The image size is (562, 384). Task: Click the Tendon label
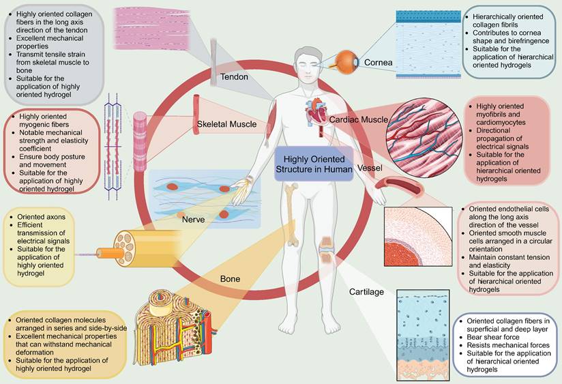(x=234, y=76)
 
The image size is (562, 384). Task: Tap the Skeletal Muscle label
(x=227, y=124)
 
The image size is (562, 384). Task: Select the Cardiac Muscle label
(x=359, y=120)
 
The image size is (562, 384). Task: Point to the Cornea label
(x=378, y=62)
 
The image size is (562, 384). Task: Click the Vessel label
(x=370, y=168)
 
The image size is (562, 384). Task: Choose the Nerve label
(x=193, y=220)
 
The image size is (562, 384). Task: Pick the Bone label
(x=230, y=279)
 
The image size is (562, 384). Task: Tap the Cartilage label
(x=366, y=292)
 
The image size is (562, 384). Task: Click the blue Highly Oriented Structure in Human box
(x=314, y=164)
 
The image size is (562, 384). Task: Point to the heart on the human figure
(x=314, y=113)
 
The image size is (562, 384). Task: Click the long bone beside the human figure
(x=293, y=214)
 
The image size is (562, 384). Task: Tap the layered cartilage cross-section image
(x=423, y=335)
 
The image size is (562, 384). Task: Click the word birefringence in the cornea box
(x=529, y=41)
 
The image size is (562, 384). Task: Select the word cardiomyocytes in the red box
(x=501, y=122)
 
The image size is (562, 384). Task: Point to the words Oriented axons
(x=41, y=217)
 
